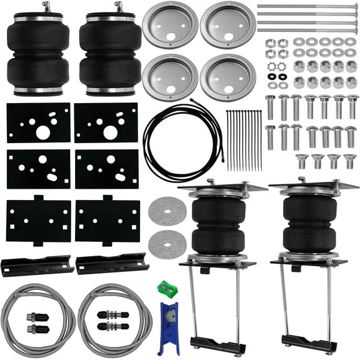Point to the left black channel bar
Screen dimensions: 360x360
point(36,264)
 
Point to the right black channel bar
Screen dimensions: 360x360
point(111,262)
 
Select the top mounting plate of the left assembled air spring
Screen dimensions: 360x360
point(214,187)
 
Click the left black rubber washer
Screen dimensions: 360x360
point(272,76)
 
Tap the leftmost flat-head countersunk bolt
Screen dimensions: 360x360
point(301,160)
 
